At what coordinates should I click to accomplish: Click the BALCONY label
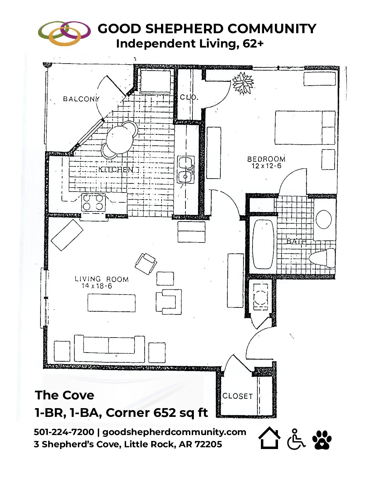[81, 99]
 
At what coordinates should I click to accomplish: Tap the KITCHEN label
[116, 169]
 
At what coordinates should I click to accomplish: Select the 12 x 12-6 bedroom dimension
[266, 166]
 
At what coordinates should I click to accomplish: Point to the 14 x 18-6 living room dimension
[97, 286]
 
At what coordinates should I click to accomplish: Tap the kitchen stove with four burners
[93, 202]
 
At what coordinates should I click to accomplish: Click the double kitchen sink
[185, 169]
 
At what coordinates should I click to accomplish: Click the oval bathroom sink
[324, 219]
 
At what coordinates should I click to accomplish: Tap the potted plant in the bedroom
[243, 83]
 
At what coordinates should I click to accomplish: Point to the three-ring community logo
[64, 33]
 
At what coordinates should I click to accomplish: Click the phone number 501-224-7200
[64, 432]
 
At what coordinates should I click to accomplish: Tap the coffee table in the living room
[111, 303]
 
